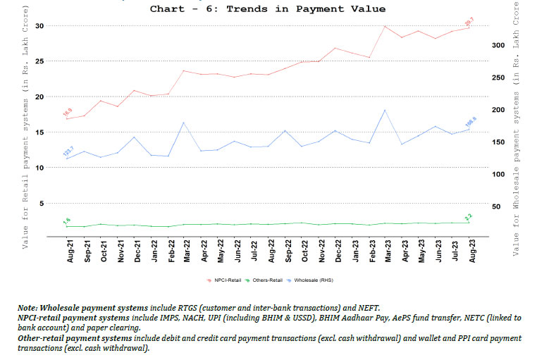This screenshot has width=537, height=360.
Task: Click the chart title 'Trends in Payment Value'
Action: pos(268,9)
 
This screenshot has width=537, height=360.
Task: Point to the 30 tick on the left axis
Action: pos(39,26)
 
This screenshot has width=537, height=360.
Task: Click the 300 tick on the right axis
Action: pos(498,45)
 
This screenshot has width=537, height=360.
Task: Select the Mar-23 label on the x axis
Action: pos(385,249)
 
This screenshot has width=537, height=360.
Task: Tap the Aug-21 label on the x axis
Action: pos(70,249)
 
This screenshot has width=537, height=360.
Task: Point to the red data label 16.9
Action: pos(68,111)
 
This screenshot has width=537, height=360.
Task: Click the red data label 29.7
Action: pos(468,22)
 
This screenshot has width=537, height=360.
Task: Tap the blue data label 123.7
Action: pos(68,151)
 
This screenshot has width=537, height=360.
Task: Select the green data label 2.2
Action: pos(468,217)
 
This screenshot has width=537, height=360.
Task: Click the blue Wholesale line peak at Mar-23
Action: pos(385,110)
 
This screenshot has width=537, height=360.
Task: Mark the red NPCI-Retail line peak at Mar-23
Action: pos(385,26)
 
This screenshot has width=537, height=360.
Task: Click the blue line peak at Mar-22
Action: pos(184,123)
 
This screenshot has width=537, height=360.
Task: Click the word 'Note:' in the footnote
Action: pos(30,308)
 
